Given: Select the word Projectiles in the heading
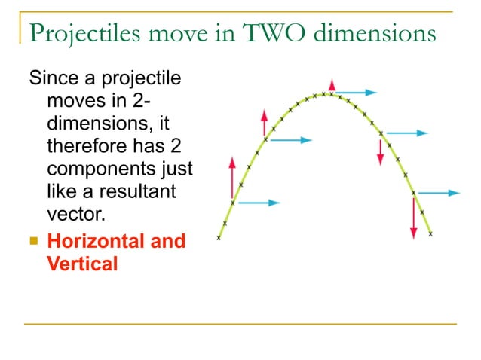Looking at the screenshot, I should [78, 35].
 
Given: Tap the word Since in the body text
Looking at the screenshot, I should [52, 78].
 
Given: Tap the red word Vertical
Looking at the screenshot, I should [82, 264].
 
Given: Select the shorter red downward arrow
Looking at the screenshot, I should [381, 151].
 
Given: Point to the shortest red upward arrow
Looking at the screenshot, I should [331, 85].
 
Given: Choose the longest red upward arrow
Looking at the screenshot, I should [232, 179].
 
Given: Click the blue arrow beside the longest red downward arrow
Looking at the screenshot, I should [438, 193].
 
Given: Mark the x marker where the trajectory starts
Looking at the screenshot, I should [219, 238].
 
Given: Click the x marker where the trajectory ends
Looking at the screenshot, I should [430, 234].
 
